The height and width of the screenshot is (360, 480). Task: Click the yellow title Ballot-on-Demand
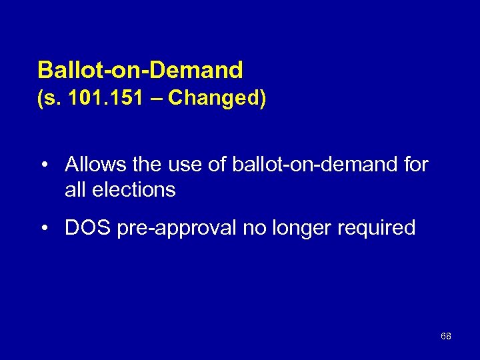pyautogui.click(x=140, y=69)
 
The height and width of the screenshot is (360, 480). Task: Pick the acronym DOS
pyautogui.click(x=87, y=228)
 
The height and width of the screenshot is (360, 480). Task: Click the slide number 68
pyautogui.click(x=446, y=336)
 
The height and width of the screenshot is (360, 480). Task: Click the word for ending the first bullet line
pyautogui.click(x=416, y=165)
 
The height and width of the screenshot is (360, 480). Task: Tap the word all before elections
pyautogui.click(x=75, y=190)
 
